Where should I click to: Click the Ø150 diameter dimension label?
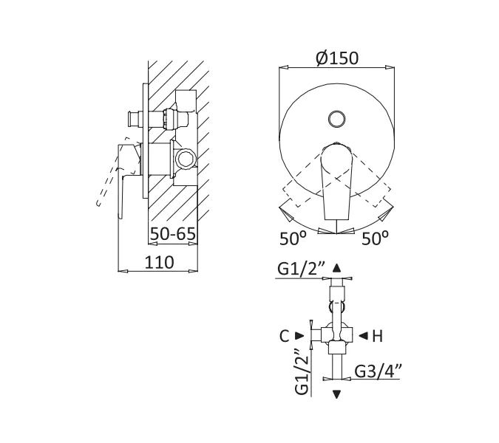click(337, 58)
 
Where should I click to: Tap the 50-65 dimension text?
click(173, 234)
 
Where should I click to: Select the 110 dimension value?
click(160, 263)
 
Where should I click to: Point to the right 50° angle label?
click(376, 238)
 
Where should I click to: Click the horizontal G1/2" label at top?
click(301, 269)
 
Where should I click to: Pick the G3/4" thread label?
click(378, 371)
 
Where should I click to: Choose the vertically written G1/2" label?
click(302, 372)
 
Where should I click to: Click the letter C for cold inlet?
click(284, 336)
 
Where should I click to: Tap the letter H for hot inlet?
click(378, 336)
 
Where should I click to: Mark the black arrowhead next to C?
click(299, 336)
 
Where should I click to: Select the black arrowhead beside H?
click(363, 336)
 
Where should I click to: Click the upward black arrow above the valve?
click(336, 268)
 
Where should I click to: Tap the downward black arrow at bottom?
click(336, 394)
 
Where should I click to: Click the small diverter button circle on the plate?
click(336, 119)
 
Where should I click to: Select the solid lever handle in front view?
click(336, 181)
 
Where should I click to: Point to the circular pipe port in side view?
click(185, 158)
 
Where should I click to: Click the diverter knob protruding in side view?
click(135, 120)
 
